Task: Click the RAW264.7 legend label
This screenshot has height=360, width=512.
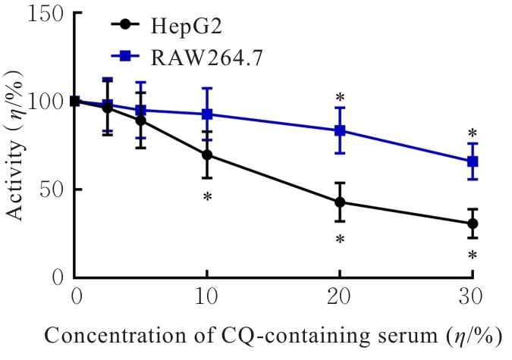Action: (196, 56)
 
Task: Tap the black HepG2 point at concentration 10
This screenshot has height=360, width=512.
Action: (206, 155)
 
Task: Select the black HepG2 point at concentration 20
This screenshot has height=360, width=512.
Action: (340, 202)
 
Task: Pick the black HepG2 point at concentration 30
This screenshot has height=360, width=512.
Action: (473, 224)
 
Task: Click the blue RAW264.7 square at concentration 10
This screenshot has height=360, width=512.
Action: (206, 114)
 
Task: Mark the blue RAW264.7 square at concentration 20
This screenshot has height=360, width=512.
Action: (340, 130)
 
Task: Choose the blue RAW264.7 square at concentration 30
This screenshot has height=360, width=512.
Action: (473, 161)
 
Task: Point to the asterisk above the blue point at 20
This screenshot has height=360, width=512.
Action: (341, 98)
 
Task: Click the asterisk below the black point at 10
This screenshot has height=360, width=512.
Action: (206, 197)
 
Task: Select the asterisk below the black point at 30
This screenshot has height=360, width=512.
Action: (473, 255)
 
